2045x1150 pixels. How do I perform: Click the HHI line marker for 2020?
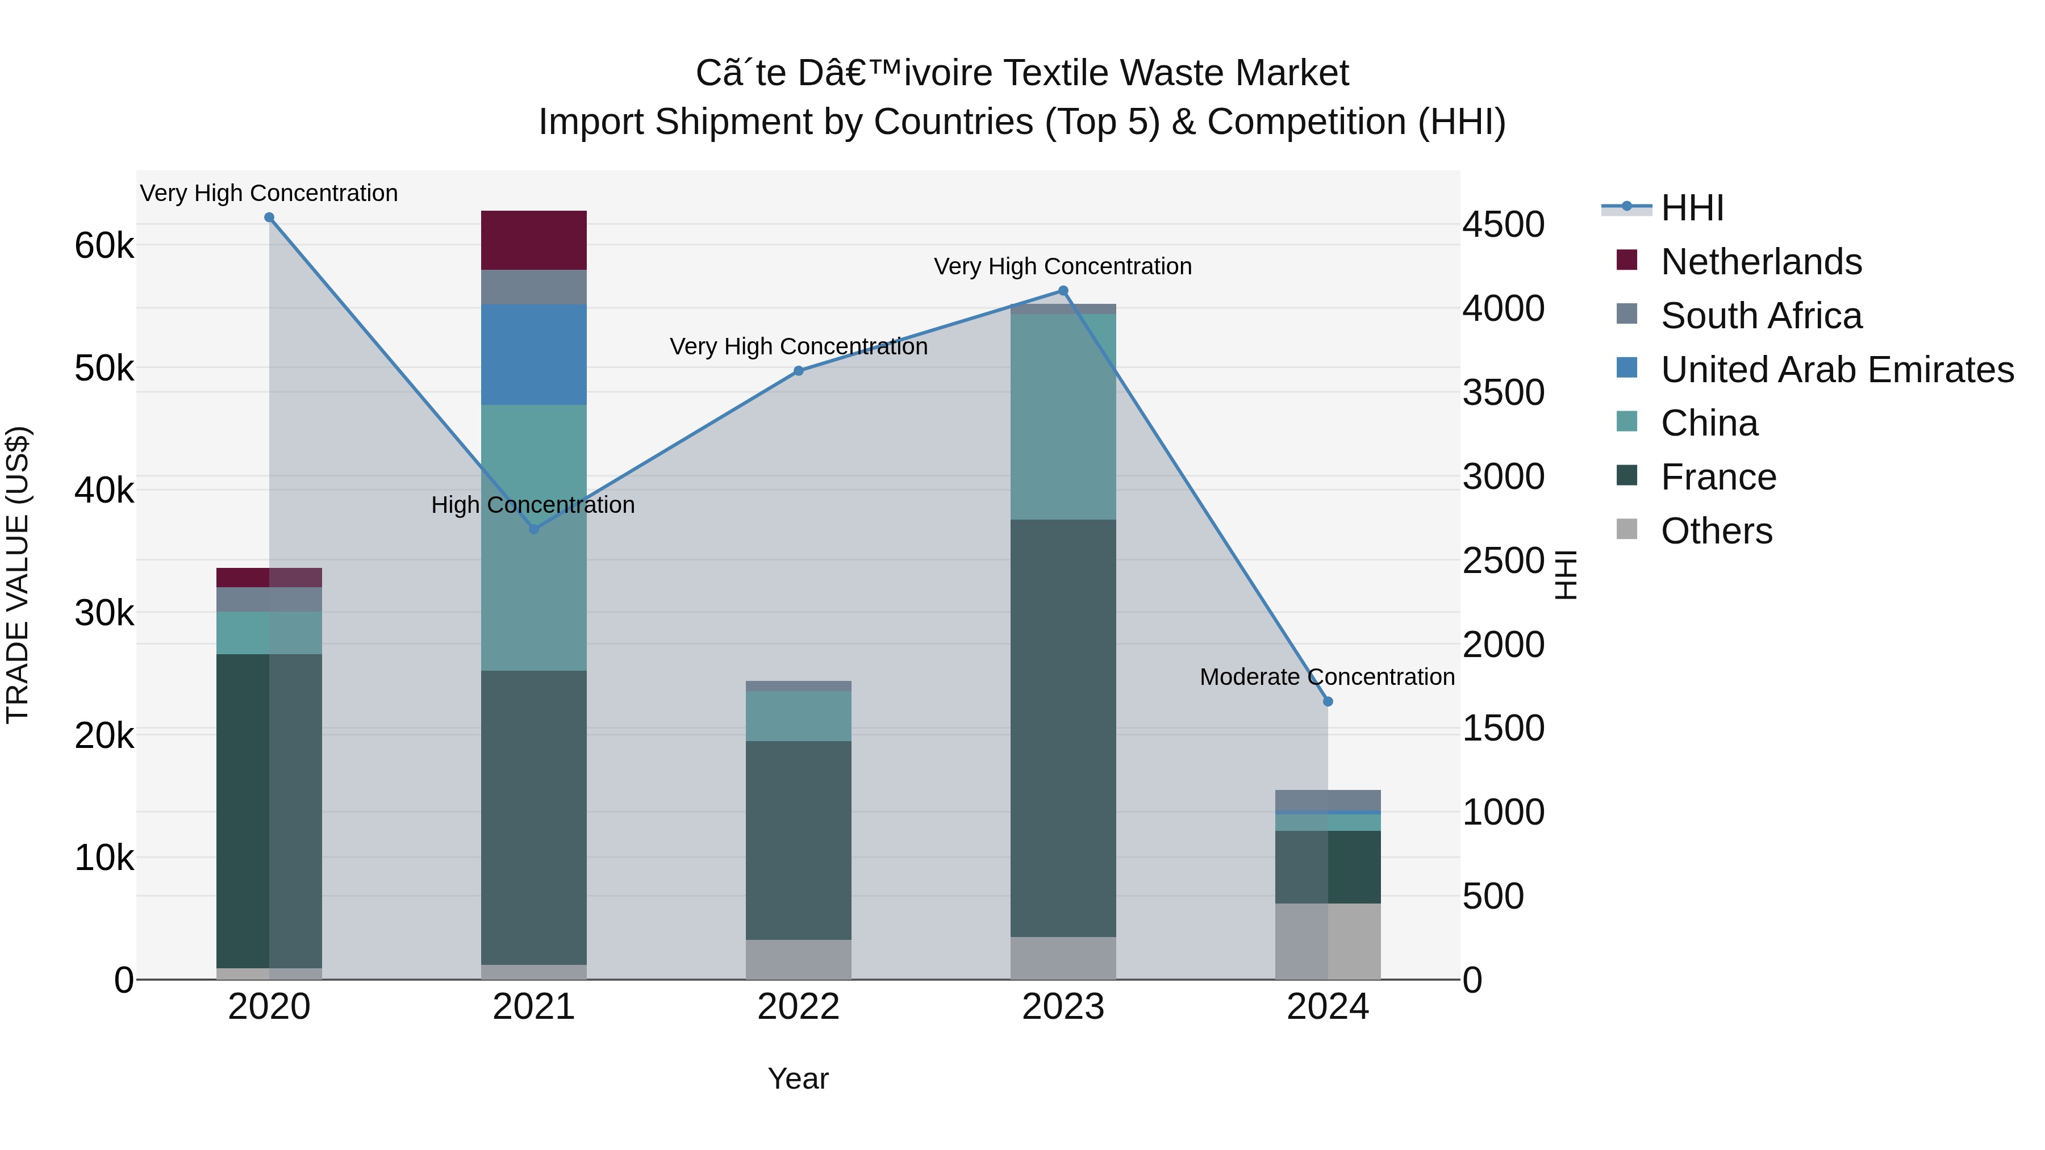click(269, 218)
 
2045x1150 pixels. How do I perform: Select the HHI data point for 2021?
click(533, 529)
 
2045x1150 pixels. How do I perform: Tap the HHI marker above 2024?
click(1328, 701)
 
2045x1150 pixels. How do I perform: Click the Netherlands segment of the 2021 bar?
click(533, 240)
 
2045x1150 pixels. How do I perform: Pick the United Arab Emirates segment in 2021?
click(533, 355)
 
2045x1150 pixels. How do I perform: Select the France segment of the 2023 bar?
click(1063, 728)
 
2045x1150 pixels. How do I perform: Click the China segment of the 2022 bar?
click(799, 716)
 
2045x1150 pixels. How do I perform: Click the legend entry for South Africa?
click(1761, 316)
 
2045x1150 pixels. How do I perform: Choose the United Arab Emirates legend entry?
click(1836, 370)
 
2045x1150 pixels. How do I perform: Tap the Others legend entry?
click(1716, 531)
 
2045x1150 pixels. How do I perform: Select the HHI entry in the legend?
click(1692, 208)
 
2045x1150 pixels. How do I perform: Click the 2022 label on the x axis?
click(799, 1007)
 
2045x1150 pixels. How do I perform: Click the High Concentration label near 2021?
click(533, 505)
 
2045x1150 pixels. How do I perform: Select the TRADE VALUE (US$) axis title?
click(18, 575)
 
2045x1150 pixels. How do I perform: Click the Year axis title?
click(798, 1078)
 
